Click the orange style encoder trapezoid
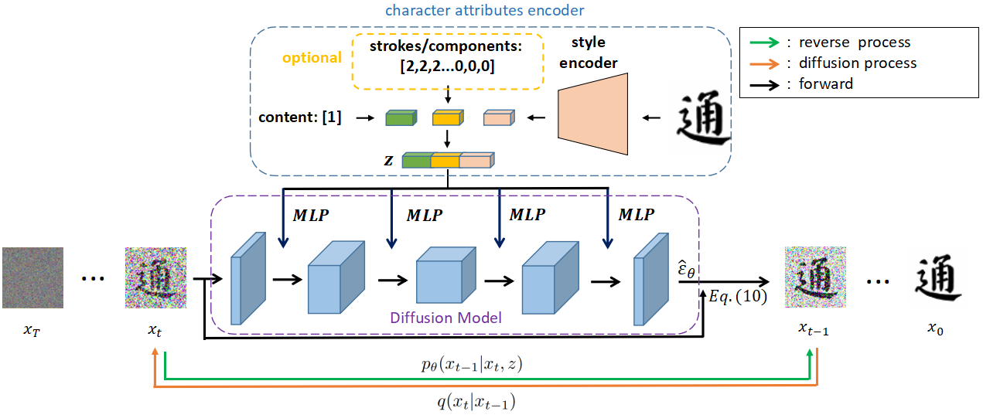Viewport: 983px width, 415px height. pyautogui.click(x=592, y=114)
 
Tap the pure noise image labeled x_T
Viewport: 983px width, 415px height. pyautogui.click(x=33, y=277)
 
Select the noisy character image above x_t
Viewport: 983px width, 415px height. pyautogui.click(x=155, y=277)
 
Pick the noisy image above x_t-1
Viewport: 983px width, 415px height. pyautogui.click(x=815, y=277)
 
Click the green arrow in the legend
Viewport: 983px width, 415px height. pyautogui.click(x=764, y=43)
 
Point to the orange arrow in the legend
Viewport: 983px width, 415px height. pyautogui.click(x=764, y=64)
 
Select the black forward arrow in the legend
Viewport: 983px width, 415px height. pyautogui.click(x=764, y=85)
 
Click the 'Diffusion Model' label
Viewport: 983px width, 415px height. pyautogui.click(x=445, y=318)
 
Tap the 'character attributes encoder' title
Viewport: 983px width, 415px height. pyautogui.click(x=484, y=10)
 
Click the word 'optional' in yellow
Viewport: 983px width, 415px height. pyautogui.click(x=312, y=57)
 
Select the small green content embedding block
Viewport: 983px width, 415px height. pyautogui.click(x=401, y=117)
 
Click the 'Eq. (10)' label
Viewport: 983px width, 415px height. pyautogui.click(x=738, y=297)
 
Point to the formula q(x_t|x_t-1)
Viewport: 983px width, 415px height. pyautogui.click(x=476, y=401)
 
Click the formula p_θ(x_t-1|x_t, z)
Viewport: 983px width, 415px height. pyautogui.click(x=472, y=364)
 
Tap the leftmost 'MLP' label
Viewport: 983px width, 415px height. pyautogui.click(x=311, y=215)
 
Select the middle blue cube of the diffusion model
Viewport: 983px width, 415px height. pyautogui.click(x=445, y=275)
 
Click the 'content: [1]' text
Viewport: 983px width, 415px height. pyautogui.click(x=300, y=117)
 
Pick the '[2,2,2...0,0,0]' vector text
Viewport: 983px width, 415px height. pyautogui.click(x=447, y=66)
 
